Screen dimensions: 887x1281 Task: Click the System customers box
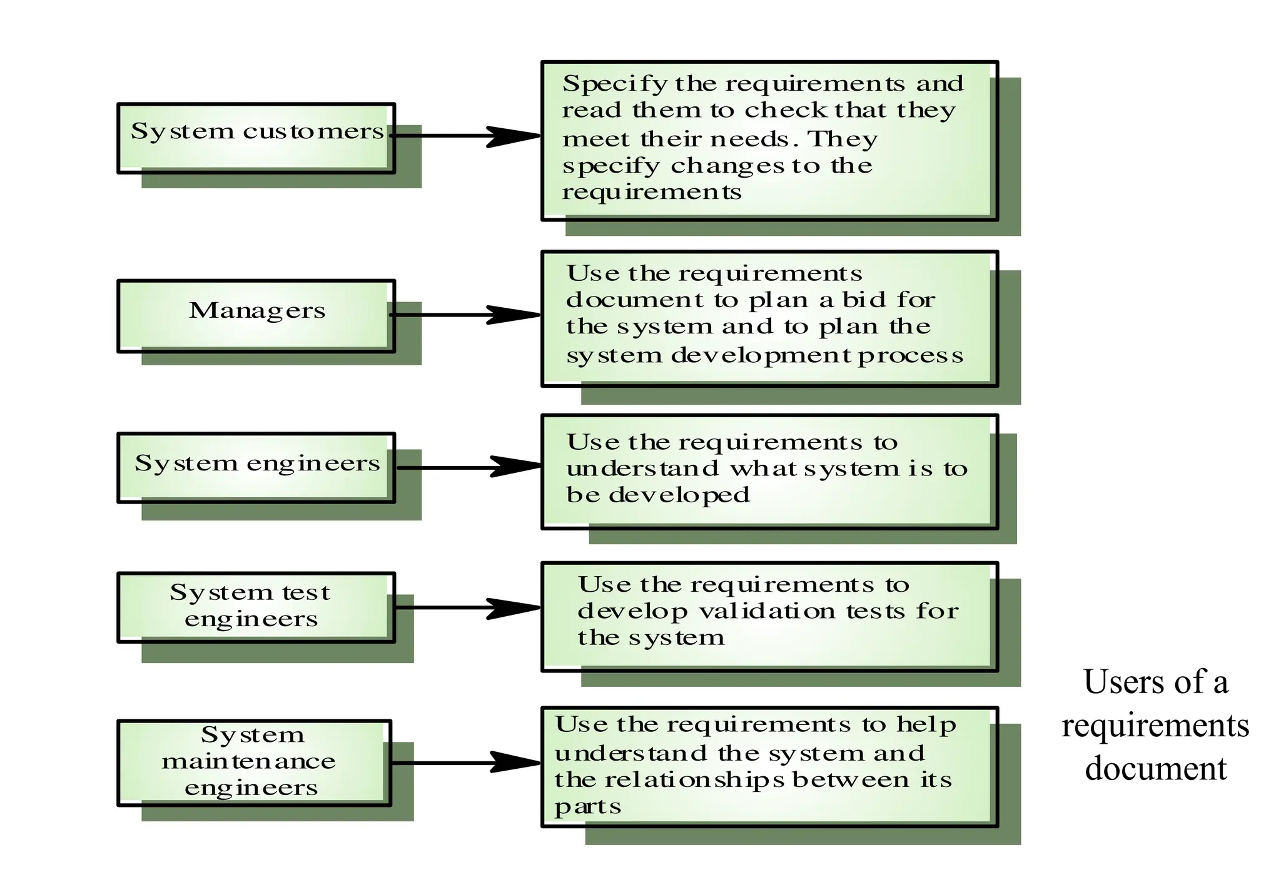(256, 138)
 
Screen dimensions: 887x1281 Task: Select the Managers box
(256, 316)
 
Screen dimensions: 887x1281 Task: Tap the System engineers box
(256, 467)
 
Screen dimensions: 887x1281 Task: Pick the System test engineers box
(256, 607)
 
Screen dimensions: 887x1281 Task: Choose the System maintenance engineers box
(255, 763)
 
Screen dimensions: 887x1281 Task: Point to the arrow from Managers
(466, 315)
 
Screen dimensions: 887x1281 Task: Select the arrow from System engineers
(469, 467)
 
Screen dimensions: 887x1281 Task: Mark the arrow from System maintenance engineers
(466, 762)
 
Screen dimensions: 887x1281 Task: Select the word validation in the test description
(767, 611)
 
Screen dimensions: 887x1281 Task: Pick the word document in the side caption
(1156, 769)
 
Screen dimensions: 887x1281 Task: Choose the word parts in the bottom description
(587, 808)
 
